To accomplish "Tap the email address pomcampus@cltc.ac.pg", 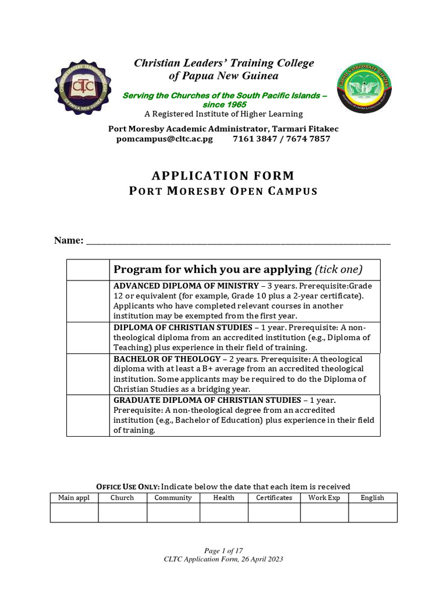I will tap(165, 139).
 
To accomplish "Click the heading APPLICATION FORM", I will tap(223, 175).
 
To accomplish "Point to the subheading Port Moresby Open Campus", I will tap(223, 191).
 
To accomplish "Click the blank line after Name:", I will tap(239, 240).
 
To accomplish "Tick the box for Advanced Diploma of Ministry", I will tap(88, 300).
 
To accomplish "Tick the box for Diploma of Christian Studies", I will tap(88, 337).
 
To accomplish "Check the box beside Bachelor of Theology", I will tap(88, 374).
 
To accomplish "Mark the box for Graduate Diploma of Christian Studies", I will tap(88, 415).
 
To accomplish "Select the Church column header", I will tap(122, 498).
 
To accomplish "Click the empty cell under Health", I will tap(223, 512).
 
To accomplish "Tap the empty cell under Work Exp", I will tap(324, 512).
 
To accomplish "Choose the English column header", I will tap(372, 498).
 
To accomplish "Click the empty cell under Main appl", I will tap(74, 512).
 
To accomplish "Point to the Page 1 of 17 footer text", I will tap(223, 551).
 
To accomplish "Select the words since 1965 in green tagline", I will tap(223, 104).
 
